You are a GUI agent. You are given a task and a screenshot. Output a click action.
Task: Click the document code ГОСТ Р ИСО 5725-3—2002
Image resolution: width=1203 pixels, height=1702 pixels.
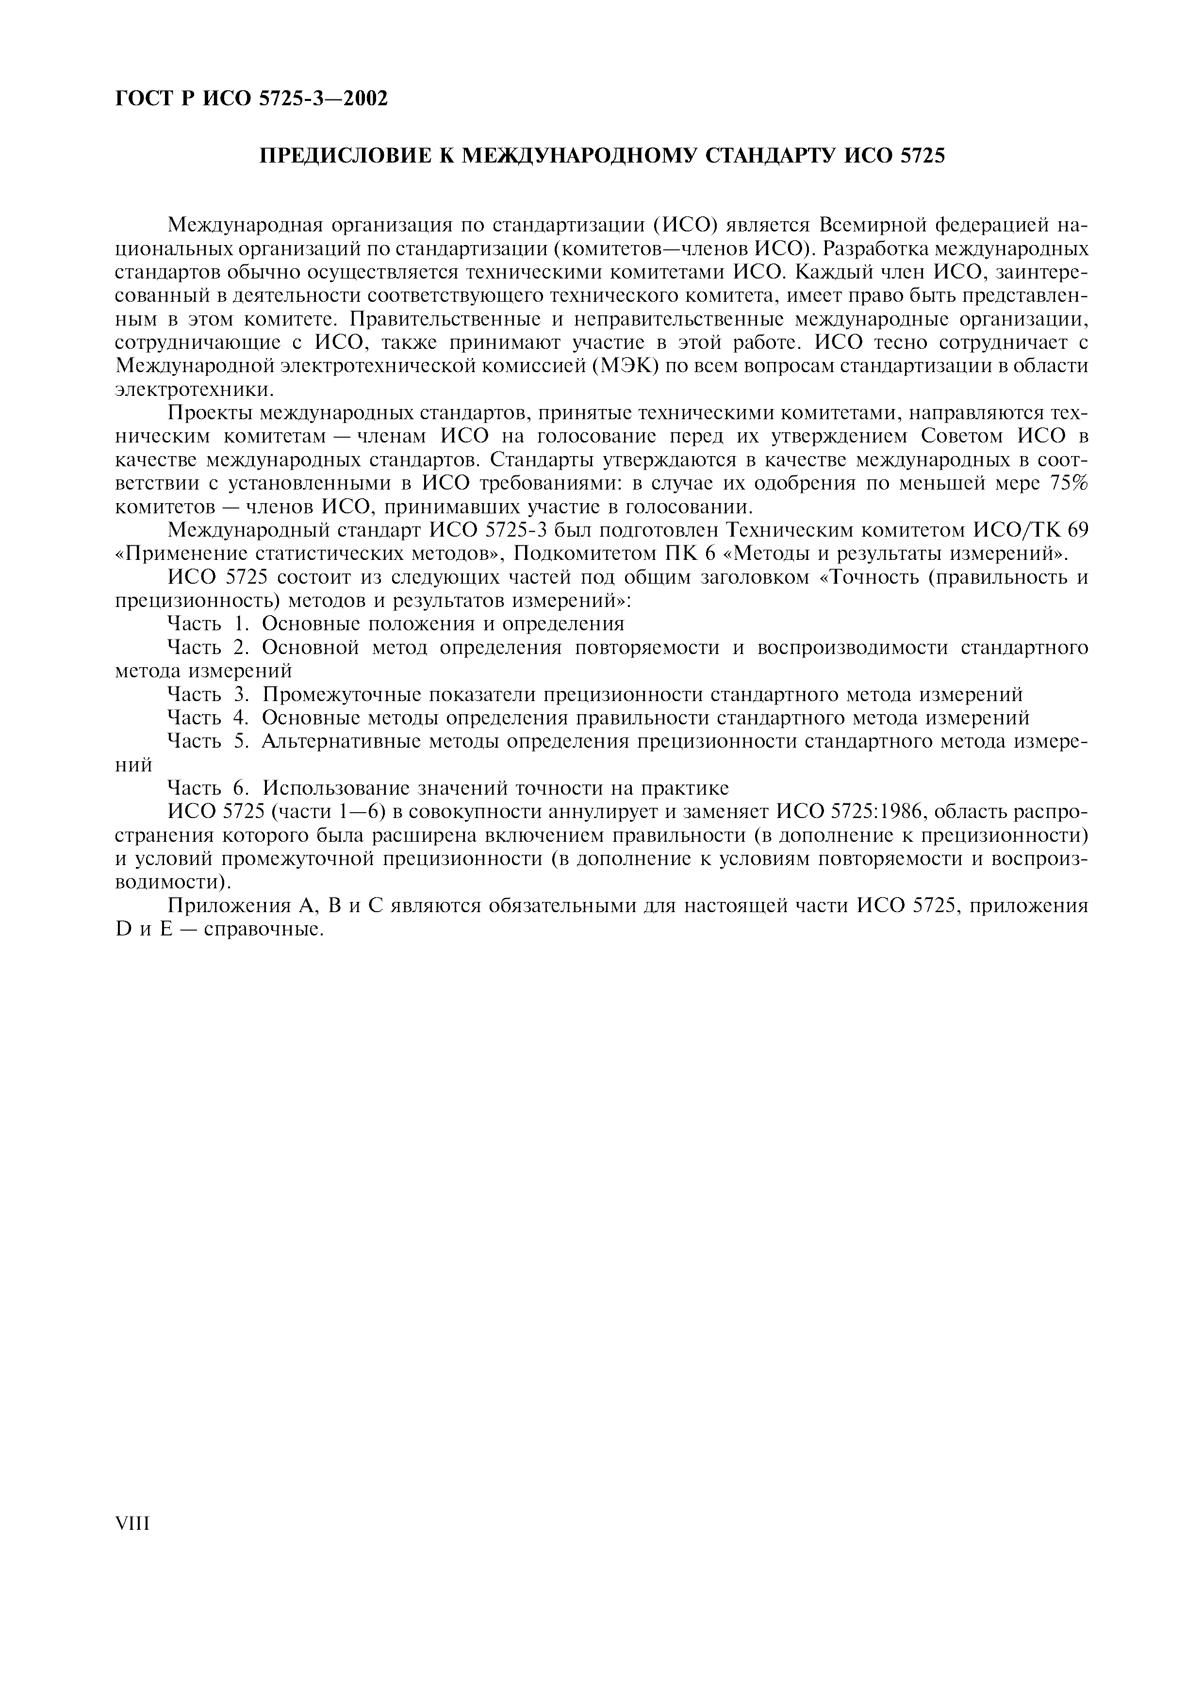[x=252, y=98]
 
